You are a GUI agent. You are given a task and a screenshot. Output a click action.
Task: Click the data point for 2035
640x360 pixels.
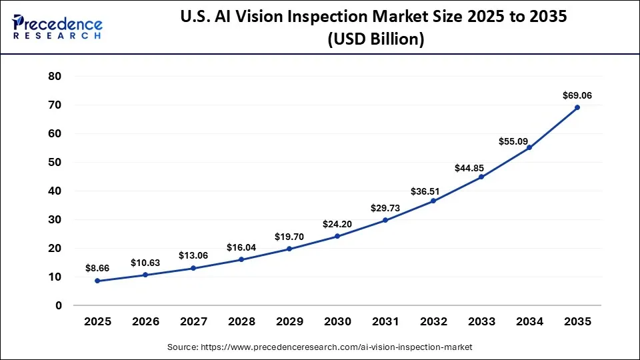point(577,107)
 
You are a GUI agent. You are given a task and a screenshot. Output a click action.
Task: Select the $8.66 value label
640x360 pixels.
point(97,267)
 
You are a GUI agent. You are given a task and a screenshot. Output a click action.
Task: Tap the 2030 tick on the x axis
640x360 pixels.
point(337,322)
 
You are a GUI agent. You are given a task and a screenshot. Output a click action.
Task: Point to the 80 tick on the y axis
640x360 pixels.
point(55,77)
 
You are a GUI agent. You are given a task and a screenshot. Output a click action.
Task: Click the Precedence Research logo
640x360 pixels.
point(57,27)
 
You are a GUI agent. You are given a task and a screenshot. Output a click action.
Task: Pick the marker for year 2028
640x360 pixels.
point(241,259)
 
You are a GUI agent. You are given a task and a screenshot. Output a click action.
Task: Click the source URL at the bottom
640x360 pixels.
point(320,347)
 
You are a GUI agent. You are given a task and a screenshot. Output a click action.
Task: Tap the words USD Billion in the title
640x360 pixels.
point(375,39)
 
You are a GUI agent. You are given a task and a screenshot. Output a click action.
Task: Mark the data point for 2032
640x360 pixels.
point(433,201)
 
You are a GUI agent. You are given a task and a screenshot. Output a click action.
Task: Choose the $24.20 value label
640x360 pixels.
point(337,223)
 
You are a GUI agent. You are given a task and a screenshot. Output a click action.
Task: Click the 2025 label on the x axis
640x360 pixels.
point(97,322)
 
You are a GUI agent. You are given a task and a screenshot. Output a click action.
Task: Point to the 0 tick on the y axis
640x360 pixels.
point(59,305)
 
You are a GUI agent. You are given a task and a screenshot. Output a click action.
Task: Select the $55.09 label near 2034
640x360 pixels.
point(513,141)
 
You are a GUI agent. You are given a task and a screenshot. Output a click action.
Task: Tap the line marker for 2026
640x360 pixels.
point(145,275)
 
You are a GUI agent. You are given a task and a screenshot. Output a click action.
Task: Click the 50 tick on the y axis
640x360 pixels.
point(55,163)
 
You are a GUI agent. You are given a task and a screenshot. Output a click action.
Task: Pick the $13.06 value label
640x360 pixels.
point(193,255)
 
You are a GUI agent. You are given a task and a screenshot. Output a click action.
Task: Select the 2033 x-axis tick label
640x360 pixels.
point(481,322)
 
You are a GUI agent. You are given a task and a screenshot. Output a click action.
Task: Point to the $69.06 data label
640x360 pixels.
point(577,95)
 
